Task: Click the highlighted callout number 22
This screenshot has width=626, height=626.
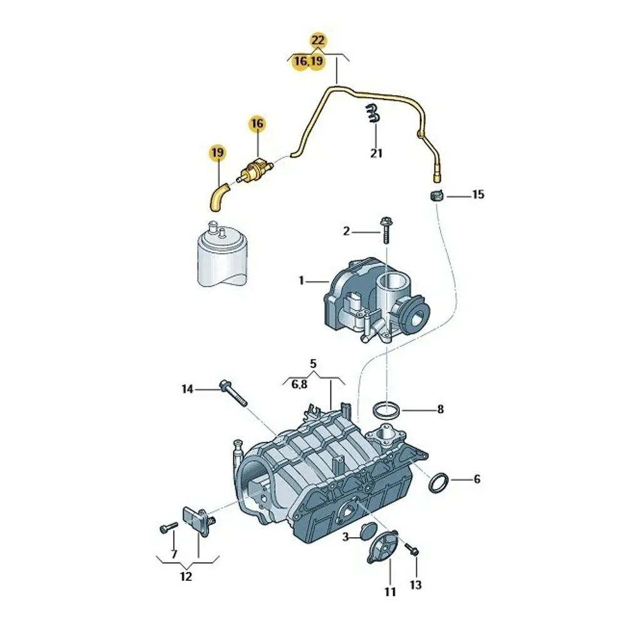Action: pos(318,40)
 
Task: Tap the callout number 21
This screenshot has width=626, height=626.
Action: pos(376,153)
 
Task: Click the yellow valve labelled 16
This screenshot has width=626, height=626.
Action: pos(254,170)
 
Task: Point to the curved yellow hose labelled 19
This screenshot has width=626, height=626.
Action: pos(218,197)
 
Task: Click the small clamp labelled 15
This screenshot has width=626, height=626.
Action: pos(437,197)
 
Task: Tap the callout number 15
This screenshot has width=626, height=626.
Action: pos(478,195)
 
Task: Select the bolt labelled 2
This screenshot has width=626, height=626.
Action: pos(386,230)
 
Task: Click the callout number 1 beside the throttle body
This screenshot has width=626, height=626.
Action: pos(302,281)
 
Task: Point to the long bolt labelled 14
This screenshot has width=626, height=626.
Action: pos(233,393)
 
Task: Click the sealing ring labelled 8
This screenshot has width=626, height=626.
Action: pos(387,411)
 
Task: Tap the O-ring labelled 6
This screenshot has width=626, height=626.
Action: pos(439,483)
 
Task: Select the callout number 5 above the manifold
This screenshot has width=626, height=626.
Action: pos(314,364)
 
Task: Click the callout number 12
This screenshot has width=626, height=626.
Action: pos(186,577)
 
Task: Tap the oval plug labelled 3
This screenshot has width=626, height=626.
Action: pos(367,531)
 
